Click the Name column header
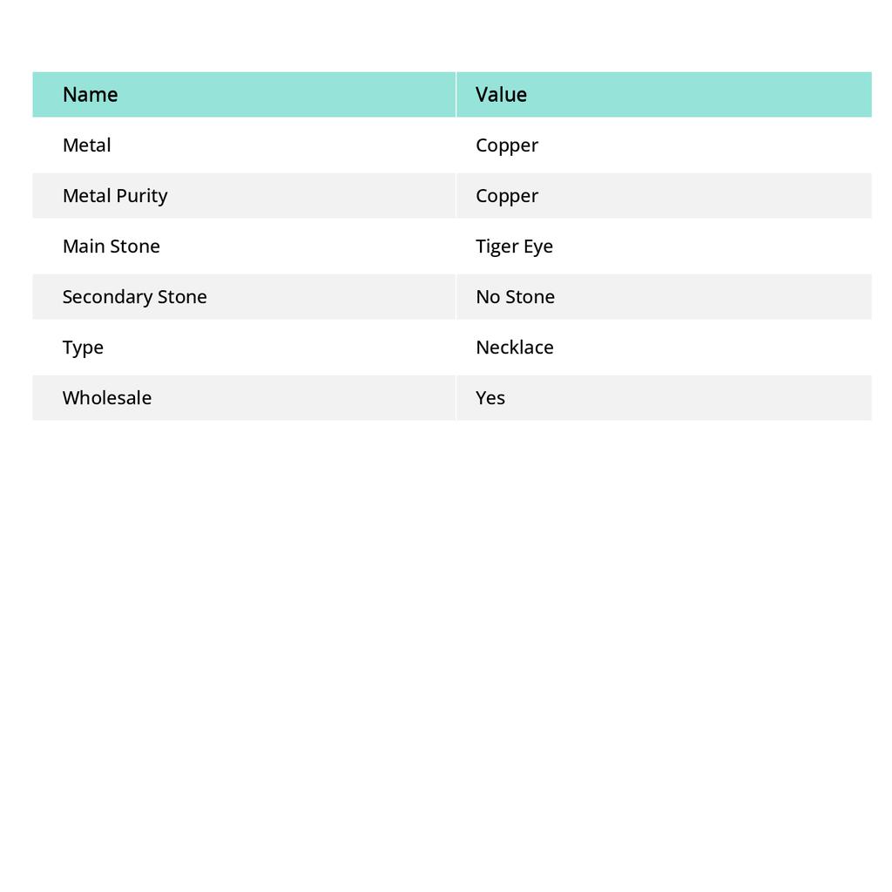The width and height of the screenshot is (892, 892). (x=90, y=95)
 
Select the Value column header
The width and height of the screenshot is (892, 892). (x=501, y=95)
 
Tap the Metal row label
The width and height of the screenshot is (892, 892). (x=86, y=145)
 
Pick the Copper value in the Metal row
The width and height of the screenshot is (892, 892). (x=507, y=145)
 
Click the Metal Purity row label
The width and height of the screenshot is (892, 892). (x=115, y=196)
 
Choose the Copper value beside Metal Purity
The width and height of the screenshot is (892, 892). (x=507, y=196)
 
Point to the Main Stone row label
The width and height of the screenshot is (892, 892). (x=111, y=247)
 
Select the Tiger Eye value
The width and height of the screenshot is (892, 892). (x=514, y=247)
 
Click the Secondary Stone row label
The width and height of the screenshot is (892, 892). (x=134, y=297)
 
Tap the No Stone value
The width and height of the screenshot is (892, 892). (x=515, y=297)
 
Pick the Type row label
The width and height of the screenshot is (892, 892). (x=83, y=348)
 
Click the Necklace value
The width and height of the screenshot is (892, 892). (x=514, y=348)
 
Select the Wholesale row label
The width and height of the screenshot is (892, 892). (x=106, y=398)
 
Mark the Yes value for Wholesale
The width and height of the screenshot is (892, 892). (x=490, y=398)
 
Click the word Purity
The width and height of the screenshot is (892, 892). (x=142, y=196)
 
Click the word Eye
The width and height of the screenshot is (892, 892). (x=537, y=247)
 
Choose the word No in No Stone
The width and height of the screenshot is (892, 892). (x=488, y=297)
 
